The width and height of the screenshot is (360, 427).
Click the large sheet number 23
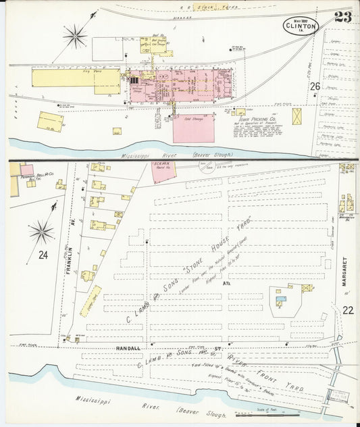[x=342, y=17]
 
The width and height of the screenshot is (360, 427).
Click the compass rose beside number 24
[x=41, y=232]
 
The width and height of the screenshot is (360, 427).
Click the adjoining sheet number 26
[x=315, y=86]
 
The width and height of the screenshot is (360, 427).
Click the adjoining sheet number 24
[x=43, y=255]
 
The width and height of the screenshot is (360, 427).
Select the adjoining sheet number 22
[x=348, y=310]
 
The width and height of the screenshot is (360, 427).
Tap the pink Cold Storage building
[x=193, y=126]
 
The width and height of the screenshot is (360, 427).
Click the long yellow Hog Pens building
[x=76, y=78]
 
